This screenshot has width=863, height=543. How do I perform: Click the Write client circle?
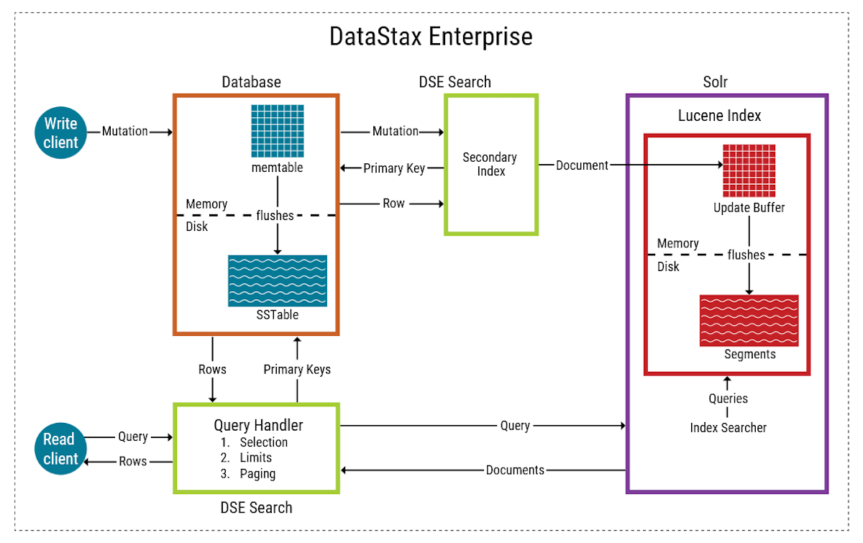pyautogui.click(x=60, y=133)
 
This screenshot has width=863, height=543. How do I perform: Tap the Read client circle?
pyautogui.click(x=60, y=449)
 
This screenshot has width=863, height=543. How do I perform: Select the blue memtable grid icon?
pyautogui.click(x=278, y=131)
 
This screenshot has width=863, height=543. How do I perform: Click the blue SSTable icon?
pyautogui.click(x=278, y=280)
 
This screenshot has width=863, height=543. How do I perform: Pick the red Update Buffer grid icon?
pyautogui.click(x=749, y=170)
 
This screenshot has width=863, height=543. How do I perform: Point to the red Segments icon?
pyautogui.click(x=749, y=321)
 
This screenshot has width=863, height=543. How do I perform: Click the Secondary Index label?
pyautogui.click(x=490, y=164)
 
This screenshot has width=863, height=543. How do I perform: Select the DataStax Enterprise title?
pyautogui.click(x=431, y=37)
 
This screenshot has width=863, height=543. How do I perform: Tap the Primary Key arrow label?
pyautogui.click(x=393, y=168)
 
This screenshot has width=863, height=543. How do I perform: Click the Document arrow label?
pyautogui.click(x=582, y=165)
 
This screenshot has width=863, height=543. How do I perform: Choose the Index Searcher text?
pyautogui.click(x=728, y=428)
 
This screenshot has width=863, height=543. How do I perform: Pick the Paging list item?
pyautogui.click(x=257, y=474)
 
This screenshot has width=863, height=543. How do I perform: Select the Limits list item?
pyautogui.click(x=256, y=458)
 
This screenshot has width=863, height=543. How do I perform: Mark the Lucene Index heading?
pyautogui.click(x=719, y=116)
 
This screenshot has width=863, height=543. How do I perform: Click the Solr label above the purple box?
pyautogui.click(x=715, y=82)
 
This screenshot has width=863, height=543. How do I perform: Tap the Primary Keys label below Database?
pyautogui.click(x=297, y=370)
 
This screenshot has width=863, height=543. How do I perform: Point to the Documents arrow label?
pyautogui.click(x=515, y=470)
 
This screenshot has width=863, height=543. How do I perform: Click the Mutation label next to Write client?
pyautogui.click(x=124, y=132)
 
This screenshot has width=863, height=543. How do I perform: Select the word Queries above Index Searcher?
pyautogui.click(x=728, y=398)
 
